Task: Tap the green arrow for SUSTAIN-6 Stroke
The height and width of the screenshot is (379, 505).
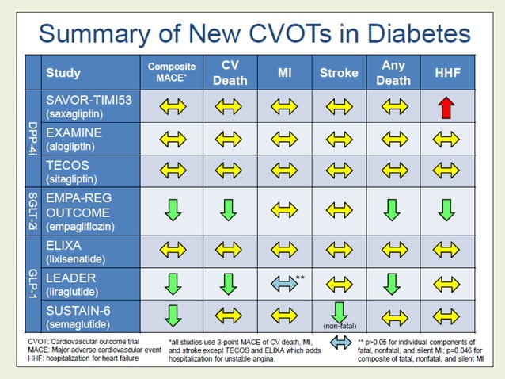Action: tap(339, 312)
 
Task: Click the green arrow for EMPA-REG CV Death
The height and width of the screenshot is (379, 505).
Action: tap(229, 210)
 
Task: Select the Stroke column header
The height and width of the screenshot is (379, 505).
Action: tap(339, 73)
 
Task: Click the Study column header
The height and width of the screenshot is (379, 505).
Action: tap(63, 73)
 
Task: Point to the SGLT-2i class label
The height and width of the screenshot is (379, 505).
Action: tap(32, 210)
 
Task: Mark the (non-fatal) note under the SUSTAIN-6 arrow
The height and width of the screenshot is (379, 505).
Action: tap(339, 326)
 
